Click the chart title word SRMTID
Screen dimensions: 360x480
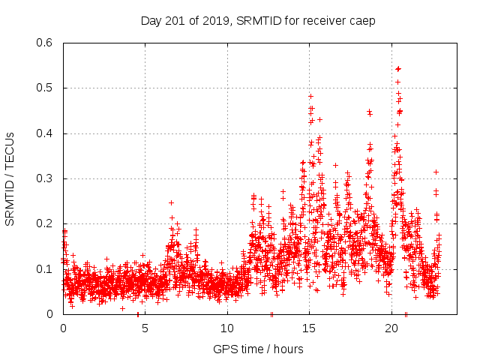coord(259,20)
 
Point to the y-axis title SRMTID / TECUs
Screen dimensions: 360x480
coord(10,178)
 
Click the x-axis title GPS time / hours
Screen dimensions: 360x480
coord(258,349)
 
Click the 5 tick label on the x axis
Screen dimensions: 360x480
coord(145,328)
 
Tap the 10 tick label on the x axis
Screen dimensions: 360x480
coord(227,328)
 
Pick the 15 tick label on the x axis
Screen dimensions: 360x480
coord(309,328)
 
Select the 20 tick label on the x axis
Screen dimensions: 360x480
coord(391,328)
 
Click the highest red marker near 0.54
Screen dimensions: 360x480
coord(397,69)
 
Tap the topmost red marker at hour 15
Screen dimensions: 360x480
coord(310,96)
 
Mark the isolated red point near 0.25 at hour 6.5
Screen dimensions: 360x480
coord(171,202)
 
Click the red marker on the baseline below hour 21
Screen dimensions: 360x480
coord(406,313)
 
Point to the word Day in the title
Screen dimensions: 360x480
coord(151,20)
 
